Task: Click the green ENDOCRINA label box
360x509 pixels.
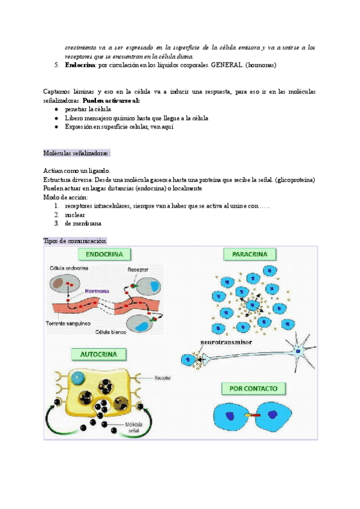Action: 104,254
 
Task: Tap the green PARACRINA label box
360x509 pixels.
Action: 246,254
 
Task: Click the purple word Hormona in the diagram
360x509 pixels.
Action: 97,290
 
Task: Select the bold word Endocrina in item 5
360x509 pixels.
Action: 78,65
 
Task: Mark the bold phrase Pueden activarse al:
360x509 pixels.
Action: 111,100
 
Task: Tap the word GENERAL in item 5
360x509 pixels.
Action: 224,65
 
